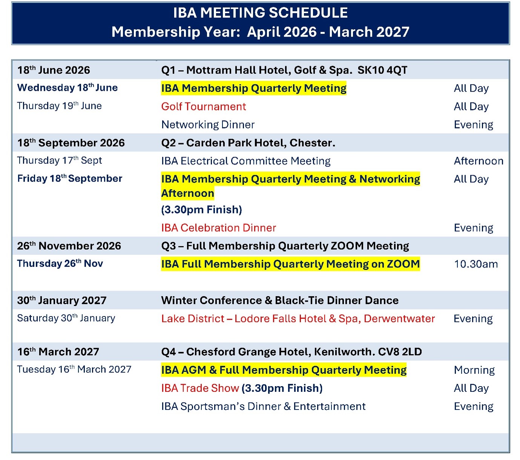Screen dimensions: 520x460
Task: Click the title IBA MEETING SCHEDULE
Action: [260, 12]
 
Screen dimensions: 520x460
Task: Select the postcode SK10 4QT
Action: [382, 70]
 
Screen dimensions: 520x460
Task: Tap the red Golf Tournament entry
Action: [204, 106]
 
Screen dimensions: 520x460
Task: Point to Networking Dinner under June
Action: [208, 125]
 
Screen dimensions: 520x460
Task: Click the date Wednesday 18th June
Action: [67, 88]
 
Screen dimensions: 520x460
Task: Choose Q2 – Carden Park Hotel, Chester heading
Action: [248, 143]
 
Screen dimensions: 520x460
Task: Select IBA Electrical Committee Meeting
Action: [246, 161]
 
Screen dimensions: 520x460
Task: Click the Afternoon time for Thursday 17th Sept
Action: [479, 161]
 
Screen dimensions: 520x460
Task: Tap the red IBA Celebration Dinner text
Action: [219, 228]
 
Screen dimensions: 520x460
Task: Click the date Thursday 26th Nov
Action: [60, 263]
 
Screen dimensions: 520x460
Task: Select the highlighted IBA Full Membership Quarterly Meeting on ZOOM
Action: [290, 264]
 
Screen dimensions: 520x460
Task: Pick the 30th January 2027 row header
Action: [62, 300]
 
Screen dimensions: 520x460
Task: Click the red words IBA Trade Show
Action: [200, 388]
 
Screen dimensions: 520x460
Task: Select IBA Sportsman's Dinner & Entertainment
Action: [263, 407]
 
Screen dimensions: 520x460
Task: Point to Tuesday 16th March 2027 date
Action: [74, 369]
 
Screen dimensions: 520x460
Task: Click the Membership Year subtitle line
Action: [260, 32]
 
